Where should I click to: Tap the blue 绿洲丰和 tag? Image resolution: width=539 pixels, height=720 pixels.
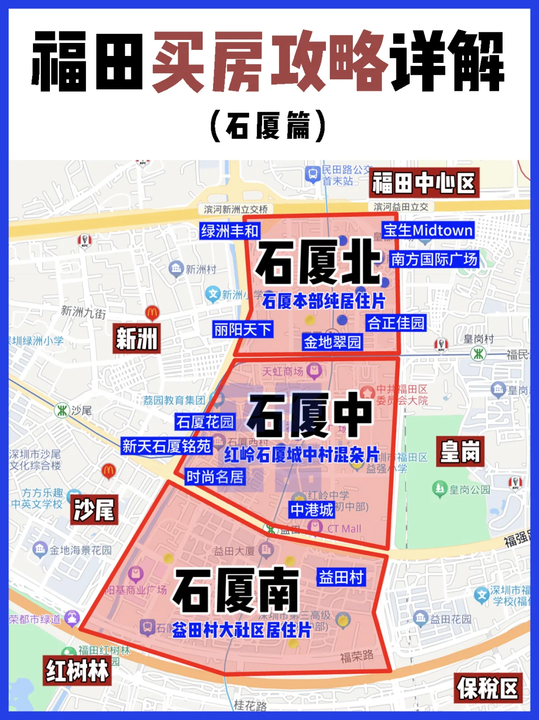230,231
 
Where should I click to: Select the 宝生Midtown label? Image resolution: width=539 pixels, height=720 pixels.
428,230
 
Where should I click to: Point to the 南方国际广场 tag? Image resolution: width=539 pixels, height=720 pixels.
434,259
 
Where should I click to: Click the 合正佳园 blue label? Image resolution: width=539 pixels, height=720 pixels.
396,323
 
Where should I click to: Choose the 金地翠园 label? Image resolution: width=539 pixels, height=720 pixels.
332,342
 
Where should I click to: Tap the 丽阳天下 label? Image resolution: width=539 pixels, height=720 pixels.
243,330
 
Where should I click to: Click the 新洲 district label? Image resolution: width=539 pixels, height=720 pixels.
136,339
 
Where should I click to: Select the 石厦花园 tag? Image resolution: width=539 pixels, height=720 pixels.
205,422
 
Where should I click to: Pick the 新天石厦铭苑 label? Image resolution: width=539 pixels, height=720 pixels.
167,446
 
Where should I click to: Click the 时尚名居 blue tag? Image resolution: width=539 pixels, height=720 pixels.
215,477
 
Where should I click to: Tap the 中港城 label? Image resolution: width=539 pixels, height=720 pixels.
312,510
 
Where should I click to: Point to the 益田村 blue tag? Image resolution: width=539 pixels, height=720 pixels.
341,577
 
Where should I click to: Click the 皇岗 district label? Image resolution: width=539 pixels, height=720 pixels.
460,452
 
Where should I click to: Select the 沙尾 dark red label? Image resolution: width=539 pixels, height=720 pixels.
94,510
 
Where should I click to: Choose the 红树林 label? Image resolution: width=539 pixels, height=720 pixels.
77,671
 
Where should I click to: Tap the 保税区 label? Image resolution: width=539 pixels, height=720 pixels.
488,689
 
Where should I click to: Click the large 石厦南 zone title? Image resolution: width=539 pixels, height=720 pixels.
236,590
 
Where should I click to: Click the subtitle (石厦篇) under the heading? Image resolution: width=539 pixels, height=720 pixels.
268,126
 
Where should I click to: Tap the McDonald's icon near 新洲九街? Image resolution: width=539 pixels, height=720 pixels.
152,313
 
